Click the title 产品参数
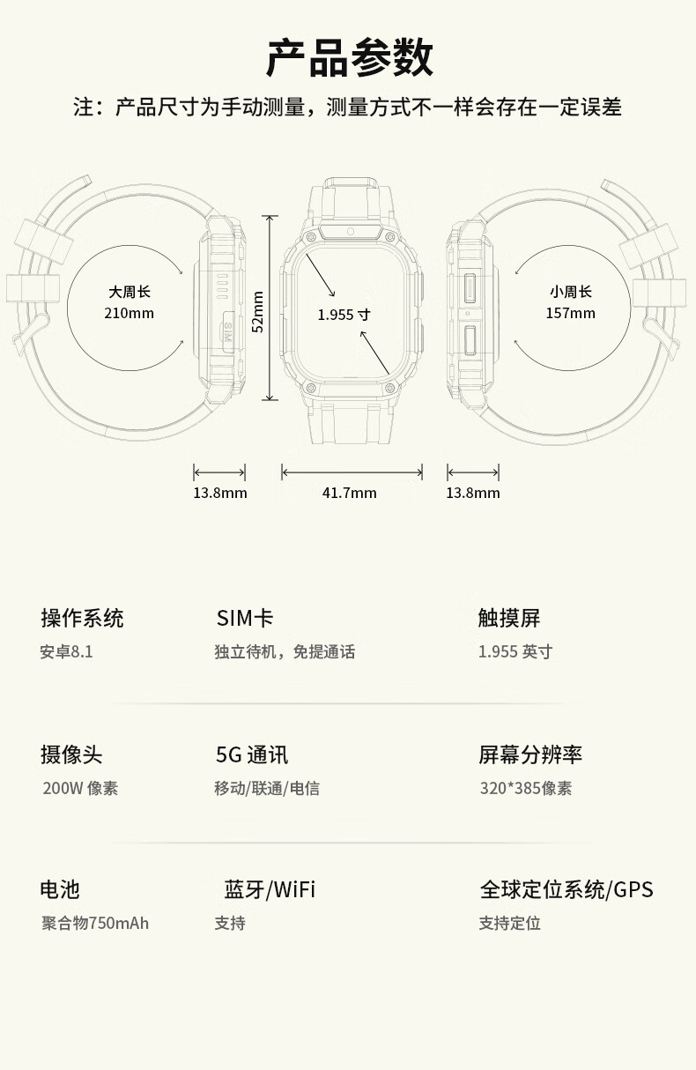(349, 58)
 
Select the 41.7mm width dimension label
(349, 493)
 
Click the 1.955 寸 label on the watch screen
(344, 314)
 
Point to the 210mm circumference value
(129, 313)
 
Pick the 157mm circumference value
(570, 313)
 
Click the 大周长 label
(130, 292)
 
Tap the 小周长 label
(570, 292)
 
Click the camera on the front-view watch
(350, 231)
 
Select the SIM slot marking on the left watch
(226, 332)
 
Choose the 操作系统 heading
(82, 618)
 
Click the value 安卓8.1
(66, 652)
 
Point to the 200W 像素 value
(80, 788)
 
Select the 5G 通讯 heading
(252, 754)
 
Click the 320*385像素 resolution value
(525, 788)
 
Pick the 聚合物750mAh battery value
(95, 923)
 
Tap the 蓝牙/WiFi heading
(270, 889)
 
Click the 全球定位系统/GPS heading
(566, 889)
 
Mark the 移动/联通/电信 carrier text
(267, 788)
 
